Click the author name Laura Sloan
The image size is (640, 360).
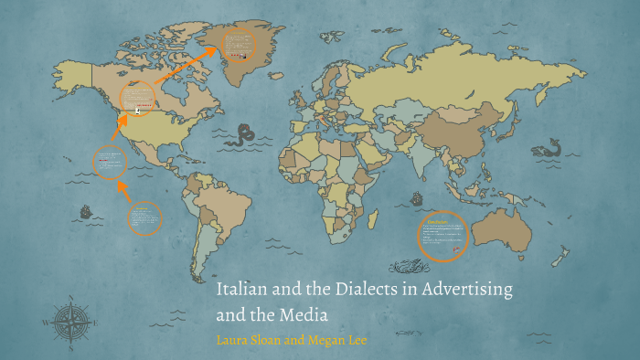[249, 339]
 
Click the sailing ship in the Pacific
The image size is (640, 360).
[87, 212]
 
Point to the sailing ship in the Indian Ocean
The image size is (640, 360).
[418, 196]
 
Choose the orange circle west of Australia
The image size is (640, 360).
[443, 236]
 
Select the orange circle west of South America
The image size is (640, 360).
[144, 218]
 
